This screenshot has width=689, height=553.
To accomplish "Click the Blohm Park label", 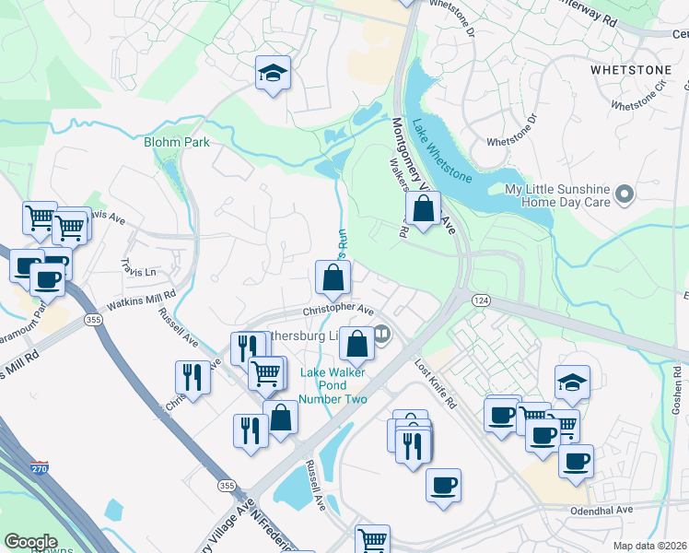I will click(x=177, y=142).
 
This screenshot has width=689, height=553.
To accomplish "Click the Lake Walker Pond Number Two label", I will click(x=333, y=385).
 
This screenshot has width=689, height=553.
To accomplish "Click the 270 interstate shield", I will click(x=40, y=468).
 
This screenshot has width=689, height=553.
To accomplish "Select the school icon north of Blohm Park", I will click(x=272, y=74).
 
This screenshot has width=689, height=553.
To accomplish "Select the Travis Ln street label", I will click(x=138, y=273).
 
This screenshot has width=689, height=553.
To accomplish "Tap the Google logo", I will click(x=30, y=542).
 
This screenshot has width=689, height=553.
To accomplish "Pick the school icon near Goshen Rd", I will click(x=572, y=382).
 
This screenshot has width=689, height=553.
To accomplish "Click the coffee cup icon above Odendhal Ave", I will click(x=443, y=485).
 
